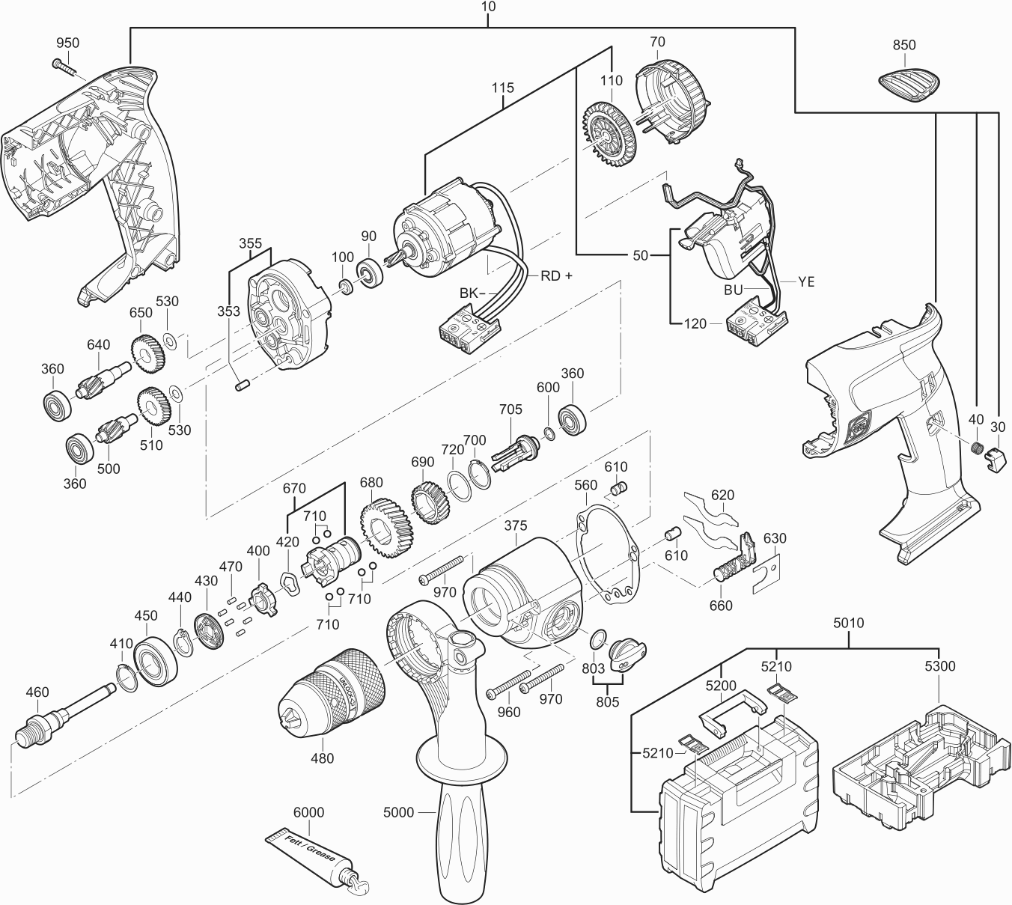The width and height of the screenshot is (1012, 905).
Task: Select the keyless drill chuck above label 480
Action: pos(332,691)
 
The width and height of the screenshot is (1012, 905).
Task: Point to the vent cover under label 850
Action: pos(909,86)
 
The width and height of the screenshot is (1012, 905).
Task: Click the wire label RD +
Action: pos(557,275)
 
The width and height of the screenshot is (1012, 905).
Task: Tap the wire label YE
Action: pos(805,282)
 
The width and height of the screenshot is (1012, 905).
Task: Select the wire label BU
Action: pos(733,290)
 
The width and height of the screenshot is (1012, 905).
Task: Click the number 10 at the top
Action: pos(490,7)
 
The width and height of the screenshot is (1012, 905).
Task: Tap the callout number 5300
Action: pos(939,665)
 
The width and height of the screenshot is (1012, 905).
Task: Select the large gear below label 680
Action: pos(386,528)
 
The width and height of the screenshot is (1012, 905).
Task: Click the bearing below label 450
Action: pos(155,660)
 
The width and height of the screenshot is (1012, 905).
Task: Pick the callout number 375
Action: pos(516,525)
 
